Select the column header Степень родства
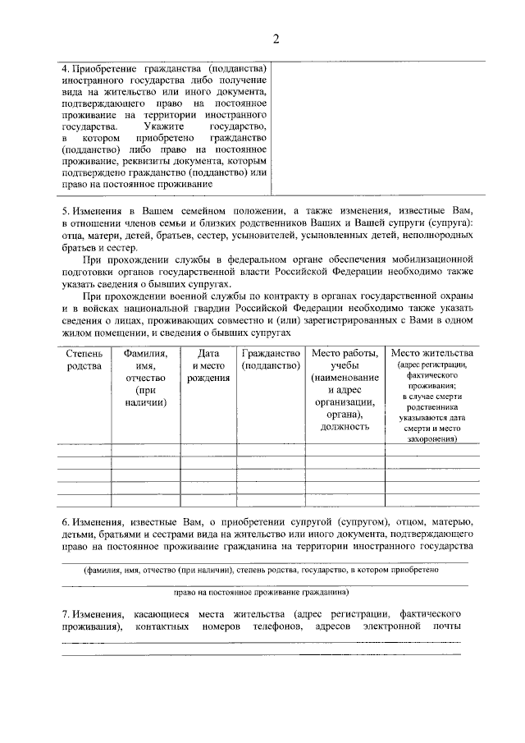[84, 359]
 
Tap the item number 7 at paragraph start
[66, 614]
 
